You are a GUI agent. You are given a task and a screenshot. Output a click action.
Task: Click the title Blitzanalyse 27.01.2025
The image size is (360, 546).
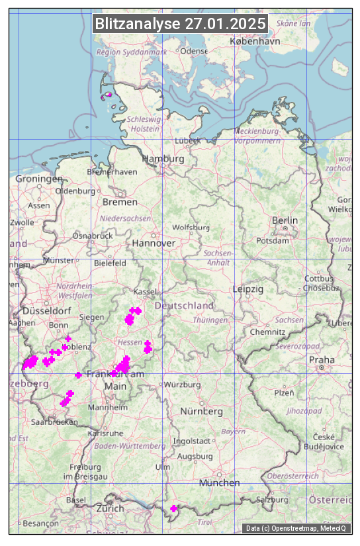[181, 24]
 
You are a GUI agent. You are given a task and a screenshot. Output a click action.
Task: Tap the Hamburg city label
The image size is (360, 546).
[163, 159]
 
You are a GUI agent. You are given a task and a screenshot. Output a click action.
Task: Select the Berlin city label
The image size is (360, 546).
[285, 220]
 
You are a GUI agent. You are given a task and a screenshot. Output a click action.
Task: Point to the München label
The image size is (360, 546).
[219, 483]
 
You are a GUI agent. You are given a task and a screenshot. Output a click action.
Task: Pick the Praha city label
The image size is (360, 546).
[321, 359]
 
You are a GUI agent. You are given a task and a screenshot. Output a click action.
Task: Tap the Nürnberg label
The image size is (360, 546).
[202, 412]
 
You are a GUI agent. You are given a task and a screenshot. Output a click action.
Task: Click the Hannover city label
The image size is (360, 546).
[154, 244]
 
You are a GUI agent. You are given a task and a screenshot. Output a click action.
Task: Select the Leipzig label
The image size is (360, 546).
[248, 289]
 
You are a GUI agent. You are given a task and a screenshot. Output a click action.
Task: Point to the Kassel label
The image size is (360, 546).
[144, 292]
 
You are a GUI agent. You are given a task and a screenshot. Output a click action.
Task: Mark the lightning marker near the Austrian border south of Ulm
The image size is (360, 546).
[173, 508]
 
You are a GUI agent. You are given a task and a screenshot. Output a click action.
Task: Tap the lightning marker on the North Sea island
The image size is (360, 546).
[108, 95]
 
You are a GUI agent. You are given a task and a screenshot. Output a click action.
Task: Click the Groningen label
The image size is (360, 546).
[39, 179]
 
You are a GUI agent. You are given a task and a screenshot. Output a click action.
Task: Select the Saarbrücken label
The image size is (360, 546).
[54, 422]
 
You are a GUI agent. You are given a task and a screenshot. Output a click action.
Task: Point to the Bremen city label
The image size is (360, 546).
[120, 202]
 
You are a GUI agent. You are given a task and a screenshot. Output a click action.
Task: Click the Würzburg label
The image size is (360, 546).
[182, 385]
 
